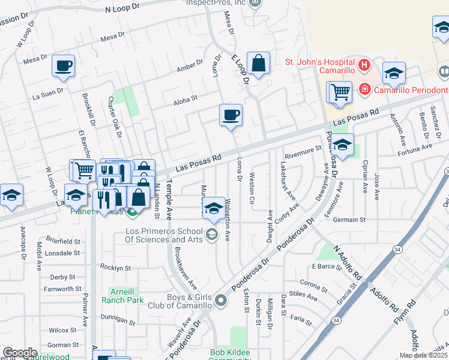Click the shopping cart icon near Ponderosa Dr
click(340, 92)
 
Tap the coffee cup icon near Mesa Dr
click(63, 66)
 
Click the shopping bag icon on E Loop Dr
click(258, 64)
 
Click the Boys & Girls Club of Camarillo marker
click(221, 299)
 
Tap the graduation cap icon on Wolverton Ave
click(213, 208)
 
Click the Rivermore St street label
click(304, 152)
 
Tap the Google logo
click(20, 353)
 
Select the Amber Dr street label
click(190, 66)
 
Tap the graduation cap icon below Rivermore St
click(343, 146)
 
